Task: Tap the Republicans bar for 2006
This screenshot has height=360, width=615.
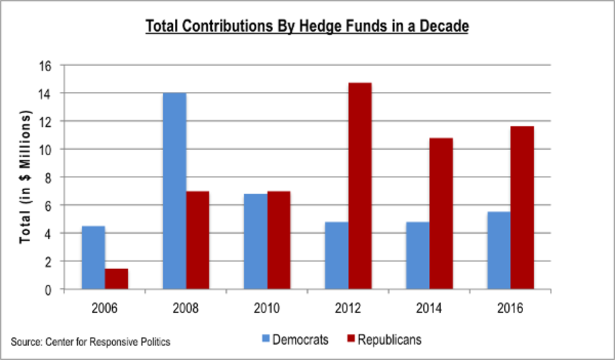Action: (x=116, y=278)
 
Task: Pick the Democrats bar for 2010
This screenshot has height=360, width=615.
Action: (x=255, y=241)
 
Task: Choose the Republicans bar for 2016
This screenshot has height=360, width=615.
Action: (x=522, y=208)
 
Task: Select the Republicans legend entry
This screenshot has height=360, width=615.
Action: (x=384, y=340)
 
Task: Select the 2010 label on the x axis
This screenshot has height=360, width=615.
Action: (x=267, y=309)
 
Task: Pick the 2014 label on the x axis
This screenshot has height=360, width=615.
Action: (x=429, y=309)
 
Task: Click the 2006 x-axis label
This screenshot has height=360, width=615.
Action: (x=105, y=309)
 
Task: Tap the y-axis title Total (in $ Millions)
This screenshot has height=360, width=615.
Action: (x=24, y=177)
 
